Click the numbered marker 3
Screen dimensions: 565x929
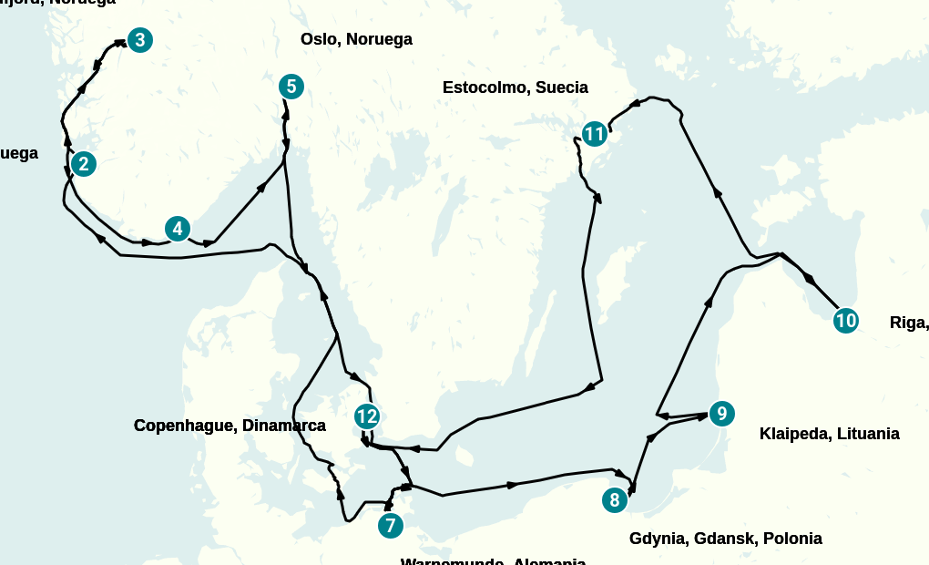pyautogui.click(x=139, y=40)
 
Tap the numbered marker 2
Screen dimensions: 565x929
pyautogui.click(x=84, y=164)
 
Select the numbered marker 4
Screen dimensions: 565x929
pyautogui.click(x=178, y=229)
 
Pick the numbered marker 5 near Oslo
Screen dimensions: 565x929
pyautogui.click(x=291, y=87)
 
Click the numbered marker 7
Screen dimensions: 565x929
pyautogui.click(x=390, y=526)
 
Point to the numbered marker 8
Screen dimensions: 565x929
pyautogui.click(x=615, y=500)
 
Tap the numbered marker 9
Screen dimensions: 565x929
pyautogui.click(x=720, y=414)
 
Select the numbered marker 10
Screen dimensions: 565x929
pyautogui.click(x=845, y=321)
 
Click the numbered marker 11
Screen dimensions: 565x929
pyautogui.click(x=594, y=135)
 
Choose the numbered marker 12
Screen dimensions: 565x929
pyautogui.click(x=366, y=417)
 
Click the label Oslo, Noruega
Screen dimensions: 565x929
pyautogui.click(x=356, y=39)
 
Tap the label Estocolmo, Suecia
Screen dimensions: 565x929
pyautogui.click(x=515, y=87)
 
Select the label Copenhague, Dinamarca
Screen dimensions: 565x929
pyautogui.click(x=230, y=426)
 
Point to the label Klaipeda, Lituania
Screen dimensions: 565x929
pyautogui.click(x=829, y=434)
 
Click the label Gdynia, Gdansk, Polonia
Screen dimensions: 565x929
pyautogui.click(x=725, y=539)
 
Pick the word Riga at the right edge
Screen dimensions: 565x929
pyautogui.click(x=907, y=322)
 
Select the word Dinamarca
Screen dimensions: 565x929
pyautogui.click(x=284, y=426)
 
